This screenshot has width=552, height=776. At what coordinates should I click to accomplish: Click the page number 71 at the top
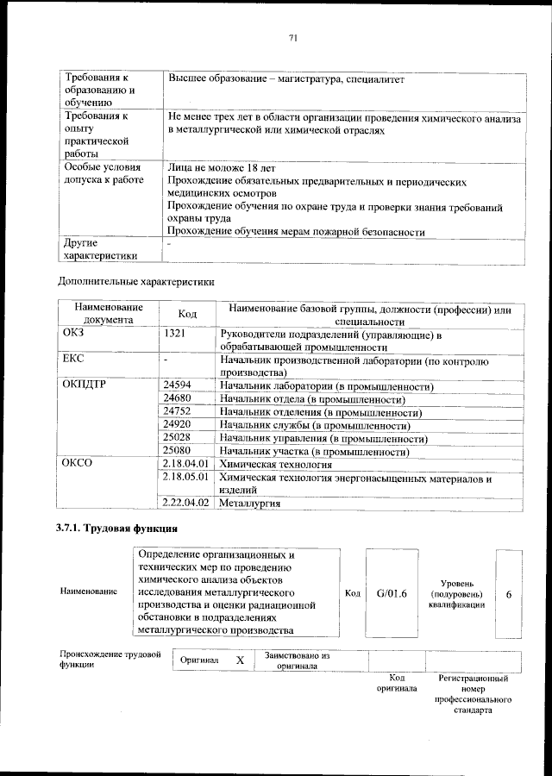(292, 37)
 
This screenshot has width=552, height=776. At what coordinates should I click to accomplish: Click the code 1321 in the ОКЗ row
(173, 333)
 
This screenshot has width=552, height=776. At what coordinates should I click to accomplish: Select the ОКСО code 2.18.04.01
(185, 464)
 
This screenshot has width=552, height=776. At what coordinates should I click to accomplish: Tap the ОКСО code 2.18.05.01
(185, 477)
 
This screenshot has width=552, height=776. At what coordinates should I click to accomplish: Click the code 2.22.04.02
(185, 502)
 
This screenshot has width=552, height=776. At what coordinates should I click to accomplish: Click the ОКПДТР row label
(85, 386)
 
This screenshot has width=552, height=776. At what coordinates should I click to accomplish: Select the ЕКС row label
(72, 357)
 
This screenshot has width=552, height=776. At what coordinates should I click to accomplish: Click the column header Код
(187, 314)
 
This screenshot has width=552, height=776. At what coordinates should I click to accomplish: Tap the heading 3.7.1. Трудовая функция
(116, 527)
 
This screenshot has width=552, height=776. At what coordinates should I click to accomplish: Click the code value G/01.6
(391, 594)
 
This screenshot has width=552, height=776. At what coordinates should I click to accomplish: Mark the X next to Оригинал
(241, 660)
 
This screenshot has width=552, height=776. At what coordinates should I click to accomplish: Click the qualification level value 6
(509, 594)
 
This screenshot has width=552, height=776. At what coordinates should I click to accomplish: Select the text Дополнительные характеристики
(135, 282)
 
